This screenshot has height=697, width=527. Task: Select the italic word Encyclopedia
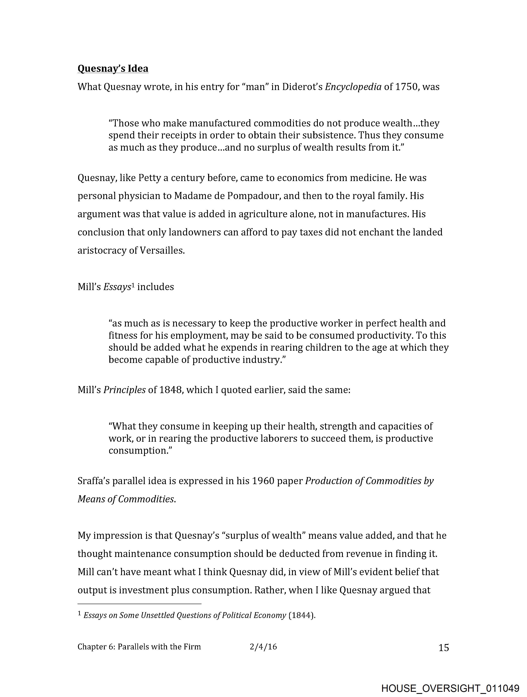pyautogui.click(x=353, y=87)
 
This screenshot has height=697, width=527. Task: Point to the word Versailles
pyautogui.click(x=162, y=251)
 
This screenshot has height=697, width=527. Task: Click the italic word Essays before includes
pyautogui.click(x=117, y=287)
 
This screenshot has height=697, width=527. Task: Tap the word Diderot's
pyautogui.click(x=302, y=87)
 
